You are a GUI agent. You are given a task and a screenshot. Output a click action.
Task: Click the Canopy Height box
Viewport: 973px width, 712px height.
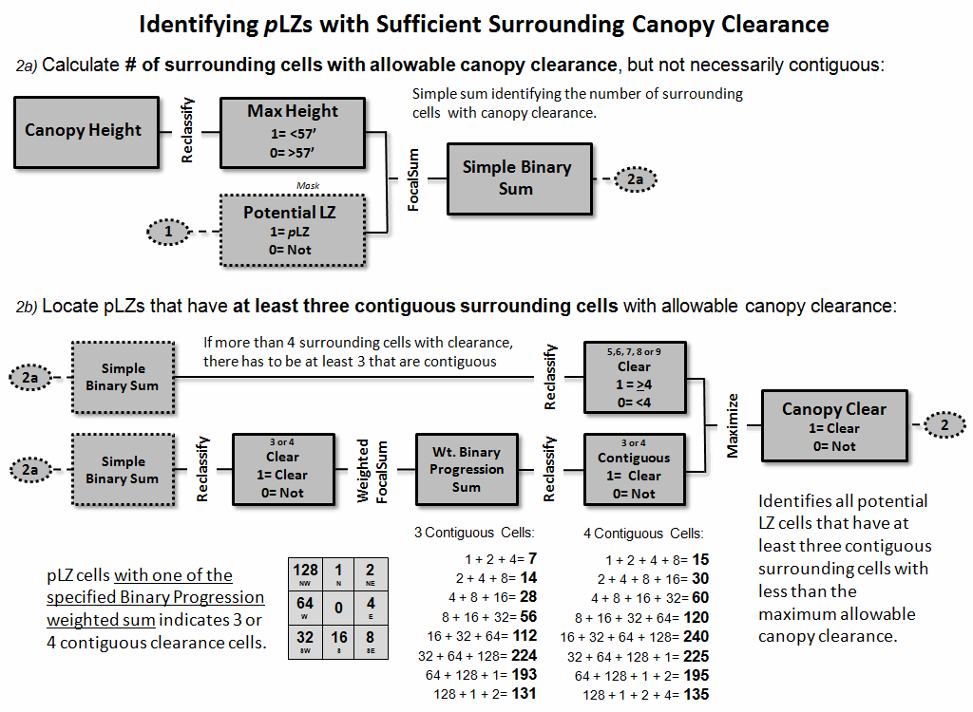click(x=83, y=130)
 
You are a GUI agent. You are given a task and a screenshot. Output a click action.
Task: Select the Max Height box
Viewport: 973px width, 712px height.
click(x=293, y=130)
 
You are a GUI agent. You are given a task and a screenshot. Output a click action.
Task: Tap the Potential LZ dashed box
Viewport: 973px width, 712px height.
click(x=293, y=231)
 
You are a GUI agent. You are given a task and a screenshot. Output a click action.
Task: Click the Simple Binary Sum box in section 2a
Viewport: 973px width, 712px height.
click(x=516, y=178)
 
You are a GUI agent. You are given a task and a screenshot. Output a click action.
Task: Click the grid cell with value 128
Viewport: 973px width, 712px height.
click(x=306, y=573)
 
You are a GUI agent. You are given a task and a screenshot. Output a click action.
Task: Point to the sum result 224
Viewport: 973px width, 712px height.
click(x=524, y=655)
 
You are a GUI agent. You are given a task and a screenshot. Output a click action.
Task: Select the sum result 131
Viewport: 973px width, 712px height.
click(x=524, y=693)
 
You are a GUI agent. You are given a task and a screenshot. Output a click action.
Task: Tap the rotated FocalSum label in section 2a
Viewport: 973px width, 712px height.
click(x=413, y=178)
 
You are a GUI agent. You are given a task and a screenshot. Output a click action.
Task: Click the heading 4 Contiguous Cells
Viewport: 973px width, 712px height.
click(x=642, y=534)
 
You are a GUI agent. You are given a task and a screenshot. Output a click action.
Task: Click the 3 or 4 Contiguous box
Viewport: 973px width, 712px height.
click(x=634, y=469)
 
